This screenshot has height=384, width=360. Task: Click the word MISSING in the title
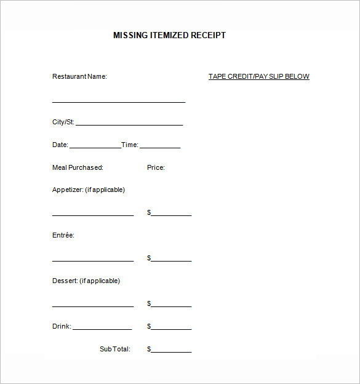pos(130,36)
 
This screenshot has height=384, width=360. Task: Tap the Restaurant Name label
pos(79,77)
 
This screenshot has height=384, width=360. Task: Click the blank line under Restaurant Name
pos(119,101)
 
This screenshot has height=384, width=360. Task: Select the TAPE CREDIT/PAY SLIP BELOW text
pos(258,77)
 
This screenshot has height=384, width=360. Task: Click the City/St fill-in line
pos(129,124)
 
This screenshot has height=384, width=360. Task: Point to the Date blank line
pos(95,147)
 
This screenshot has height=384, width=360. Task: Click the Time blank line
pos(160,147)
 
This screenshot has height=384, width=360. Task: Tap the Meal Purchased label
pos(78,167)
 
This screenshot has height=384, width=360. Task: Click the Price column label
pos(156,167)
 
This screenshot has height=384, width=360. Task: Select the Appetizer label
pos(89,190)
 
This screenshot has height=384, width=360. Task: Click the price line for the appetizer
pos(172,215)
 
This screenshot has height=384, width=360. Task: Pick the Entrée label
pos(63,236)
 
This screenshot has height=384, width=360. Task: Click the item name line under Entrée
pos(93,260)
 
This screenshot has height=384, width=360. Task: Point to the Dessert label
pos(86,281)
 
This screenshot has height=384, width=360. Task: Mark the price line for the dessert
pos(172,306)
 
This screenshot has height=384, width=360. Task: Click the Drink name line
pos(102,329)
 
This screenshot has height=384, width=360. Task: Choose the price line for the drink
pos(172,329)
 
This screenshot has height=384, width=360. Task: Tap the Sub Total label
pos(115,350)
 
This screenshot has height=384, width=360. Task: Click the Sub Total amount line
pos(172,351)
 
